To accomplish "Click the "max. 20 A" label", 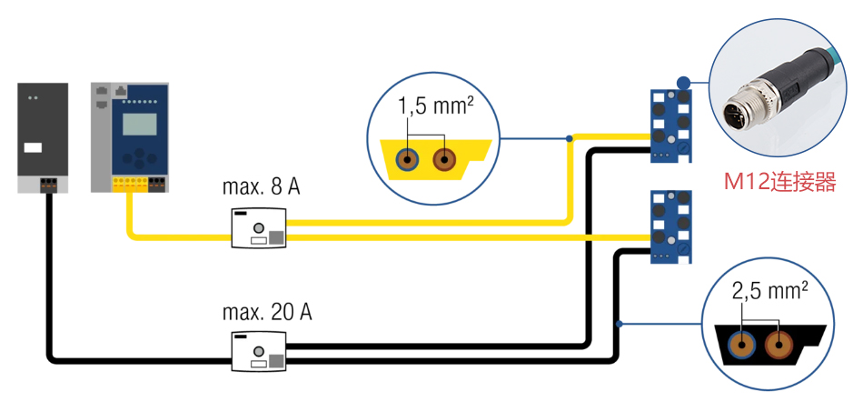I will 266,313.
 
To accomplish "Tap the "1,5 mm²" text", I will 435,106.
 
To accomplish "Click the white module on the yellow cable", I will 258,227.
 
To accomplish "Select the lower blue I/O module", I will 670,227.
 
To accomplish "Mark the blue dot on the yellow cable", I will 569,139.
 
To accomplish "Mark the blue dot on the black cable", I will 620,324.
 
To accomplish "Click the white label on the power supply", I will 33,147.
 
